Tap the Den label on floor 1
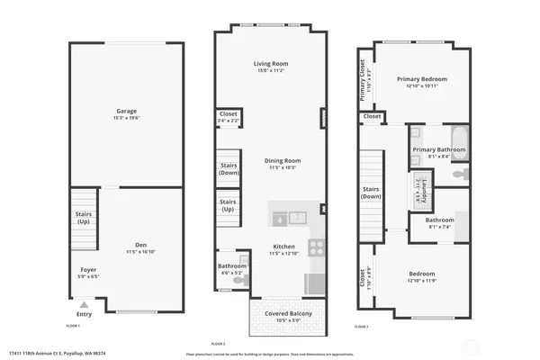[x=140, y=245]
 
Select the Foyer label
[x=88, y=270]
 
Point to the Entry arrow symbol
[x=84, y=305]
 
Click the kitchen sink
[x=288, y=218]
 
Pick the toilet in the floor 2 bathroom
[x=238, y=281]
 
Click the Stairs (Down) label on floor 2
[x=229, y=168]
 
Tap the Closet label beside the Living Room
[x=229, y=114]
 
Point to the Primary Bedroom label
[x=421, y=79]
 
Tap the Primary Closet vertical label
[x=363, y=76]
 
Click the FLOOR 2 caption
[x=218, y=344]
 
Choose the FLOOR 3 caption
[x=360, y=326]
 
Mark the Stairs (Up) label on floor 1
[x=84, y=217]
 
